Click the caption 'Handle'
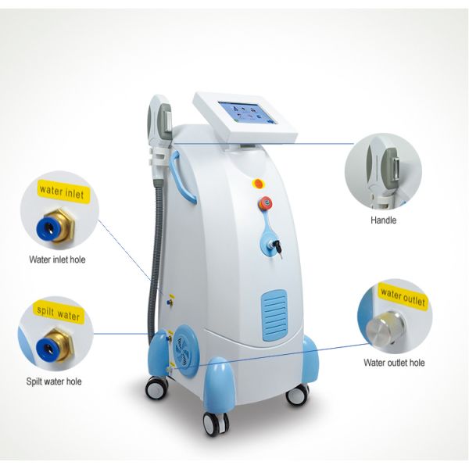[383, 220]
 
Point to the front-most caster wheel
[214, 423]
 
